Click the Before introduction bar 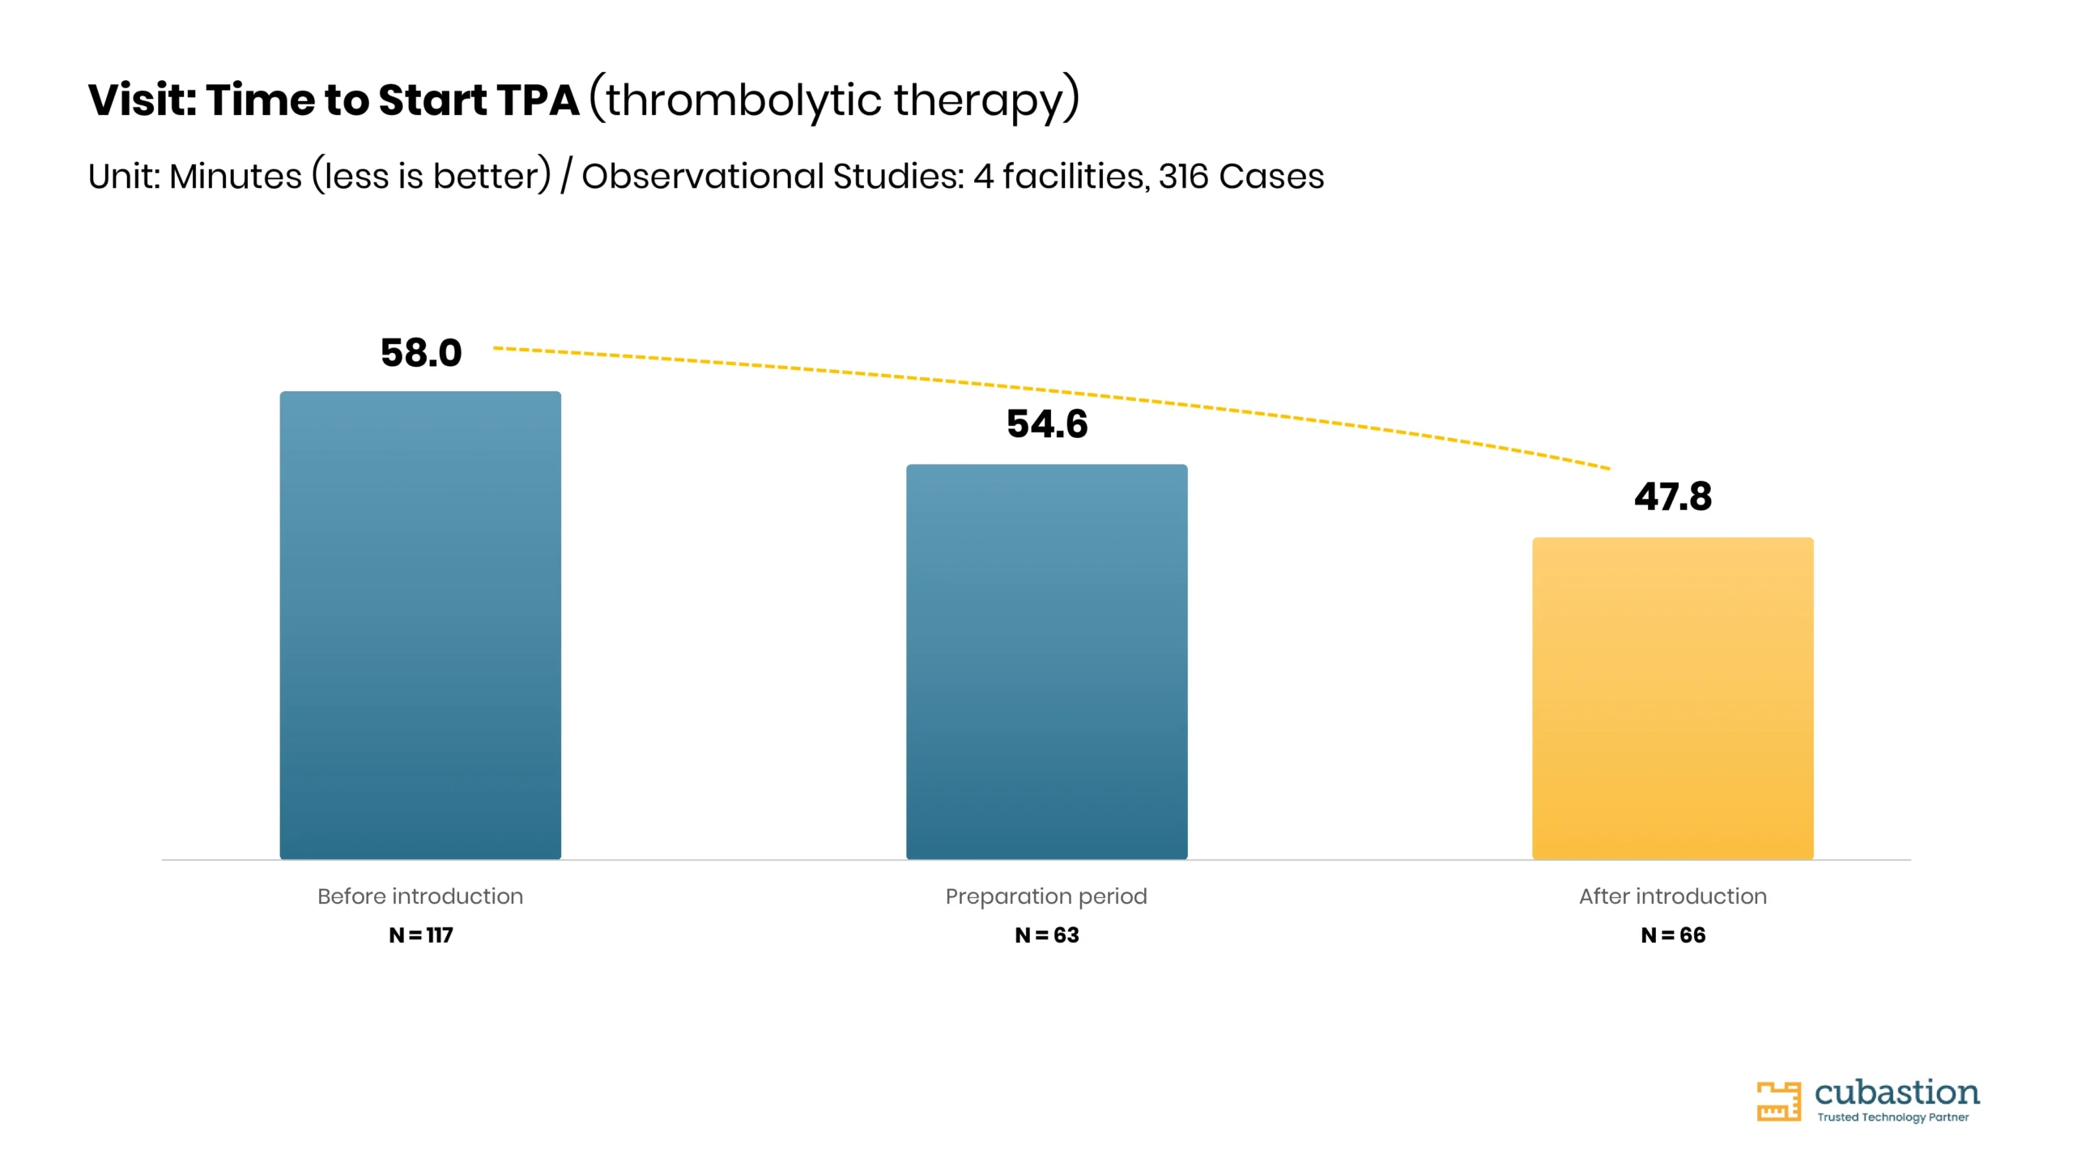[420, 625]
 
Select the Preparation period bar [1046, 662]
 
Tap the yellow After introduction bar [1673, 698]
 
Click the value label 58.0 [421, 353]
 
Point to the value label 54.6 [1047, 424]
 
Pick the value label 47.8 [1673, 496]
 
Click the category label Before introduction [420, 896]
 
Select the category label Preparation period [1046, 896]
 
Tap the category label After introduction [1673, 896]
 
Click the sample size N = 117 [421, 935]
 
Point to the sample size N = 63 [1047, 935]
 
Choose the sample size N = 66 [1673, 935]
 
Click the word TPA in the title [538, 100]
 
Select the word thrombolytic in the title [743, 100]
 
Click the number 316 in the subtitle [1183, 177]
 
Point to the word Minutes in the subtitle [236, 177]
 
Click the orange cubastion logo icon [1778, 1101]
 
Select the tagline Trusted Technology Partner [1892, 1117]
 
